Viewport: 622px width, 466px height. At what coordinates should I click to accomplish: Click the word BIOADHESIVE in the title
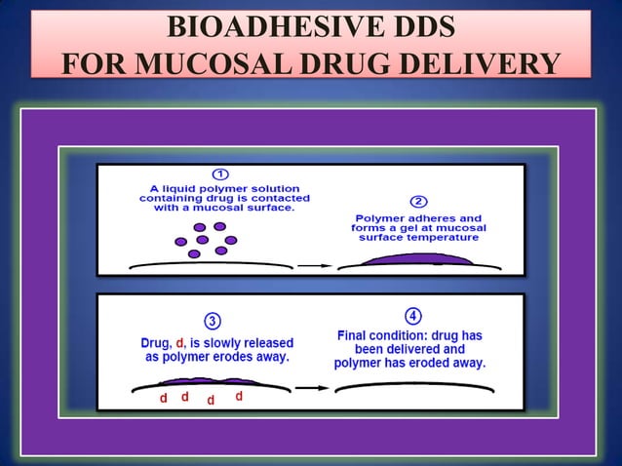coord(250,28)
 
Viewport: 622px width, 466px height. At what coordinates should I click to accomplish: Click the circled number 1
coord(221,174)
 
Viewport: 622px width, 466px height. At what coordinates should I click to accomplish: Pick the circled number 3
coord(212,321)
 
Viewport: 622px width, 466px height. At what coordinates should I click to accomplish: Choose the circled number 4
coord(412,316)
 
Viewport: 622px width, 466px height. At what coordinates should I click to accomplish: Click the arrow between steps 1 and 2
coord(313,264)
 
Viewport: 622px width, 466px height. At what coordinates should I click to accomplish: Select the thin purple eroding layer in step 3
coord(210,381)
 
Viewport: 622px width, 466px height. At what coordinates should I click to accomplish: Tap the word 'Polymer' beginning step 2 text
coord(382,217)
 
